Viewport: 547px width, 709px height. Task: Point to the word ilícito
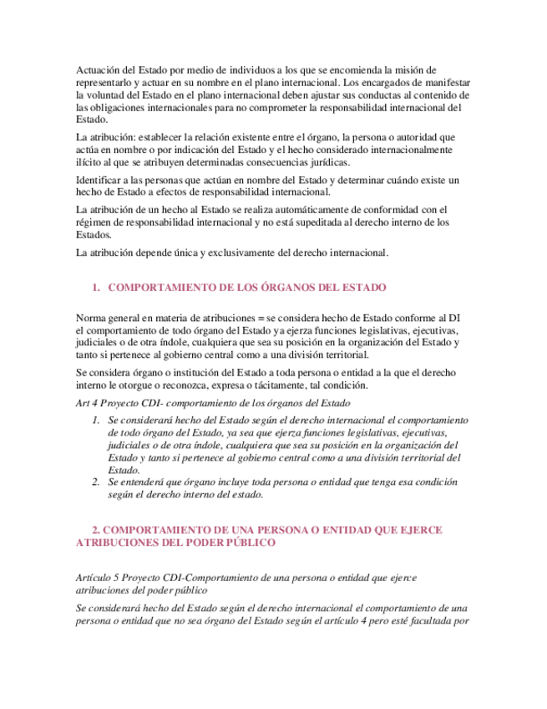click(90, 162)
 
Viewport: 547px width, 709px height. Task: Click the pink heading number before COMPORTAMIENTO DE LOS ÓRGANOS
click(96, 288)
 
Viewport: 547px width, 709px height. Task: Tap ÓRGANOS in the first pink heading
click(275, 288)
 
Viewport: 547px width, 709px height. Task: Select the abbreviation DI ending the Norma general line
click(454, 318)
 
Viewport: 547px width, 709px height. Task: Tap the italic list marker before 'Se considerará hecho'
click(96, 419)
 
